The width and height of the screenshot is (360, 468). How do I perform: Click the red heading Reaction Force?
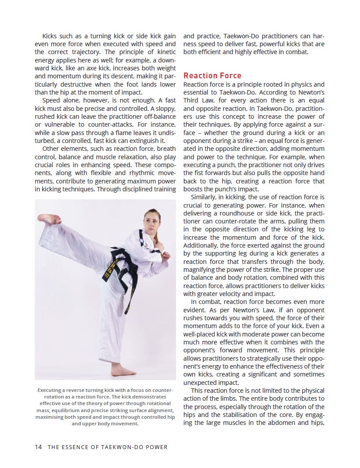point(212,76)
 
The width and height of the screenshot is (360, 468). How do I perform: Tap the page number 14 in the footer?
point(38,447)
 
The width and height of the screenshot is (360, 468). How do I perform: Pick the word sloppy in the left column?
point(162,108)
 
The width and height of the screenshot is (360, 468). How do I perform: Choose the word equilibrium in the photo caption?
point(75,410)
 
